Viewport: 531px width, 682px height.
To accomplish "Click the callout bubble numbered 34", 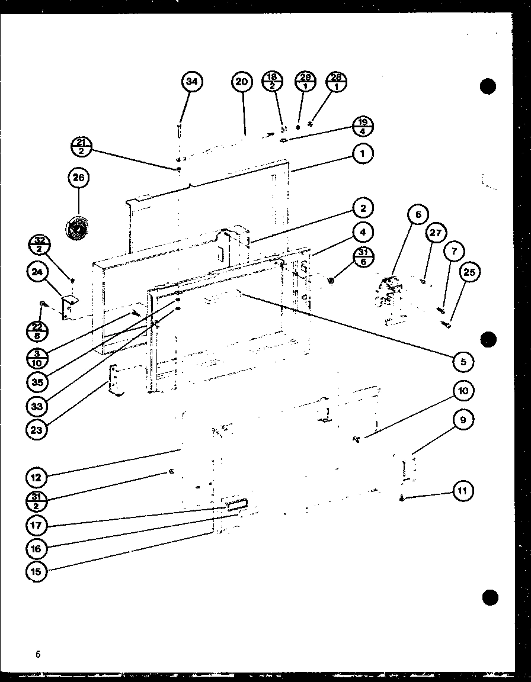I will point(191,82).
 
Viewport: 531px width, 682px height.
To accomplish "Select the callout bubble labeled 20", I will point(241,82).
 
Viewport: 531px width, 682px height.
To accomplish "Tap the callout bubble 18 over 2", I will point(273,82).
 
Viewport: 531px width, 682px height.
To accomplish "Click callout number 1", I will point(363,155).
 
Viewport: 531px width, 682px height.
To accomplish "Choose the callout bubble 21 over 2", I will point(81,146).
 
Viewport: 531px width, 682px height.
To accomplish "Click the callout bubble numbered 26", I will point(78,178).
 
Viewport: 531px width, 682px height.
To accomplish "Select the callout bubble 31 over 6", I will point(362,258).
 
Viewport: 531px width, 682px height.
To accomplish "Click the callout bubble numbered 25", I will point(470,272).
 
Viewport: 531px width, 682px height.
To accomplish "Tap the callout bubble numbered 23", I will point(37,430).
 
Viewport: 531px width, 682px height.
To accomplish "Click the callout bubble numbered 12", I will point(37,476).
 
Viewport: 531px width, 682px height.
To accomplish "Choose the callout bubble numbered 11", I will point(463,491).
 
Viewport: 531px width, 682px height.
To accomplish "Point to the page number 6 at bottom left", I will point(38,654).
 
